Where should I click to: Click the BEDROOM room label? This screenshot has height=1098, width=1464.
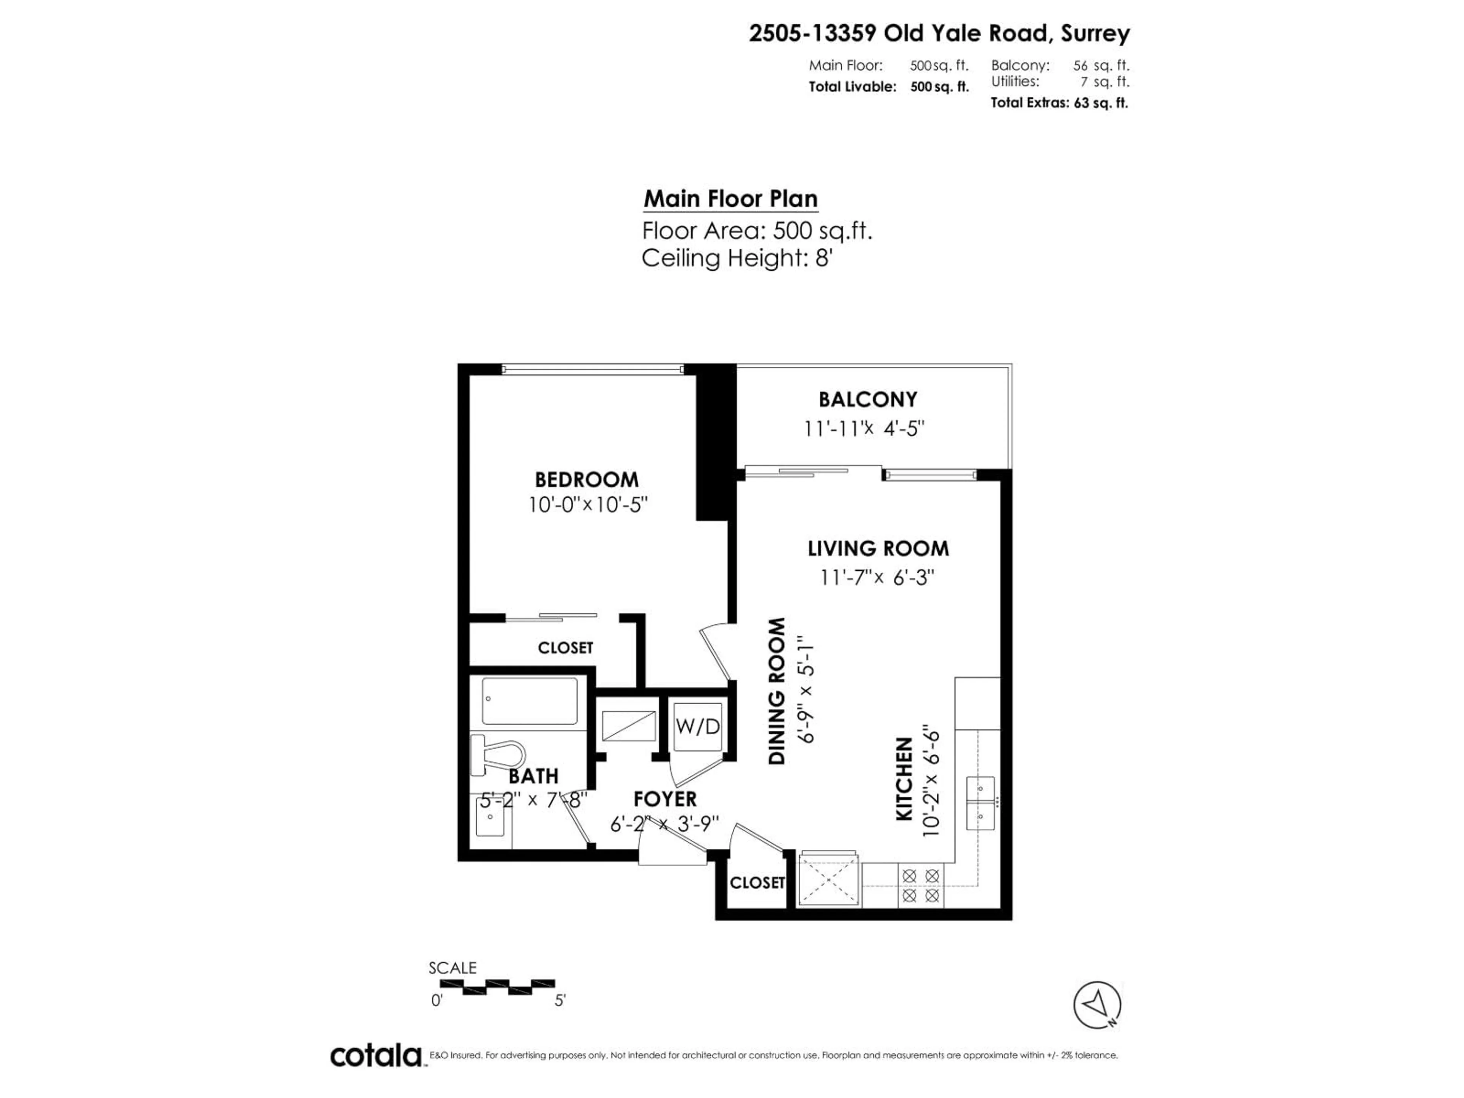pyautogui.click(x=586, y=479)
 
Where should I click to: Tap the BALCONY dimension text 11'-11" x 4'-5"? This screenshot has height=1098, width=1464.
pyautogui.click(x=864, y=429)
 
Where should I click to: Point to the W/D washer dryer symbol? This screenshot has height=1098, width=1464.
pyautogui.click(x=697, y=727)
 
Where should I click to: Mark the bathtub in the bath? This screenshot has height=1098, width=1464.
pyautogui.click(x=530, y=701)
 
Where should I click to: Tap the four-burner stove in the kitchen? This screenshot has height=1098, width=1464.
pyautogui.click(x=921, y=886)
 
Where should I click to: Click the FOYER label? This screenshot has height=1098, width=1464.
pyautogui.click(x=665, y=799)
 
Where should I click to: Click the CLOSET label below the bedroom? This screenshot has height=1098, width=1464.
pyautogui.click(x=565, y=648)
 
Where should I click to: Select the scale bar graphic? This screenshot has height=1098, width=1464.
pyautogui.click(x=508, y=987)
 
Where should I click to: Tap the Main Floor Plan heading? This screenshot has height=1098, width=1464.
pyautogui.click(x=731, y=199)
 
